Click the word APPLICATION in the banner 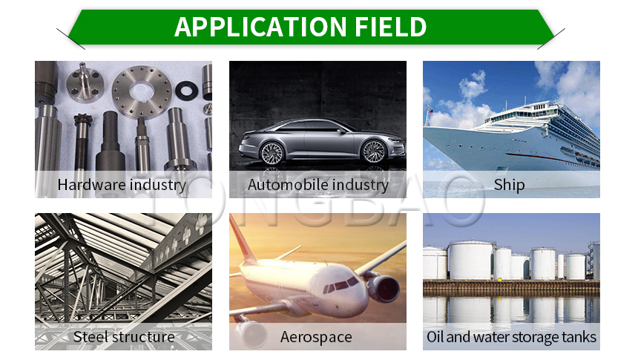pos(260,27)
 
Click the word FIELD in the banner pos(391,27)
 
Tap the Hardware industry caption pos(122,185)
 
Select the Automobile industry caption pos(318,185)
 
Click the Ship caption pos(510,186)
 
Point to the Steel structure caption pos(124,337)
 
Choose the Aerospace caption pos(316,338)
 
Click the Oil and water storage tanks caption pos(511,337)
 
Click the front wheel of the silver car pos(374,151)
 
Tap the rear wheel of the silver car pos(272,154)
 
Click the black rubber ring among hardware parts pos(187,90)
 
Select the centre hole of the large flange pos(142,92)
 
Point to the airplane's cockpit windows pos(341,286)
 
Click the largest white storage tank pos(470,261)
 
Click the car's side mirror pos(342,131)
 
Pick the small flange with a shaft pos(85,83)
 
